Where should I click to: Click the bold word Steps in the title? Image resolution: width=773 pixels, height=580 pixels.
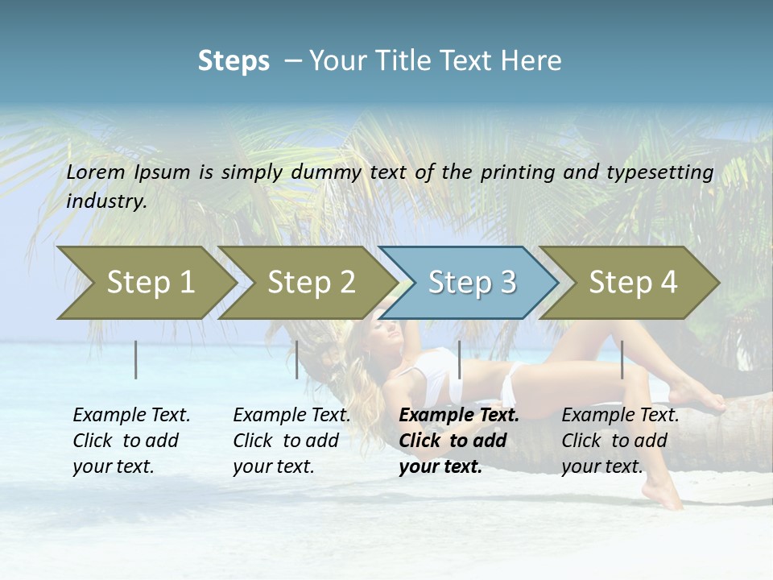[234, 60]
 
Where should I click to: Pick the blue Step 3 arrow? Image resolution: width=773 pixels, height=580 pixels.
[472, 282]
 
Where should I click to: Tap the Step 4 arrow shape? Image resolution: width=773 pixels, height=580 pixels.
[633, 282]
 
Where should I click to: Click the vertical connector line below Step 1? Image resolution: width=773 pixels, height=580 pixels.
[136, 359]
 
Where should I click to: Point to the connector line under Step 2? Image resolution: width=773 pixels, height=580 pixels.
[297, 359]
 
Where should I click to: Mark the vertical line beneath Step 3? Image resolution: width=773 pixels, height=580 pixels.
[459, 359]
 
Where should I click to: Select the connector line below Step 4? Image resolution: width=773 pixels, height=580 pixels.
[622, 359]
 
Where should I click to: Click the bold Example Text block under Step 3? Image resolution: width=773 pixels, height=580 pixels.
[459, 441]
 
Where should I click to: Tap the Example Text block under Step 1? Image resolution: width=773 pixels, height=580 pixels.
[131, 441]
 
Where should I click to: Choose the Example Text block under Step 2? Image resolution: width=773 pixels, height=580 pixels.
[291, 441]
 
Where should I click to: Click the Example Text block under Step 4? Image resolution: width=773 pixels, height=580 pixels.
[620, 441]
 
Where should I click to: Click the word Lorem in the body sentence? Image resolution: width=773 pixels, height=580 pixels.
[96, 172]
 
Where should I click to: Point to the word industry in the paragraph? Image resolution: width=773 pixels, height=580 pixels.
[106, 201]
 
